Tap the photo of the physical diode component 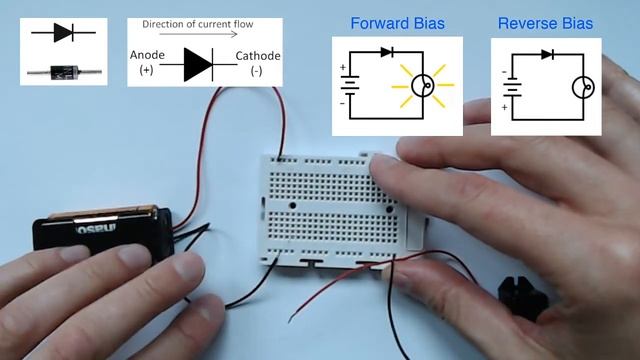click(63, 69)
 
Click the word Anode click(149, 56)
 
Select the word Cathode click(258, 56)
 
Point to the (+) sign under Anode click(149, 73)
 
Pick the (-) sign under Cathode click(257, 73)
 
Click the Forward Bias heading click(397, 23)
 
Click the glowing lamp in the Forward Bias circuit click(427, 87)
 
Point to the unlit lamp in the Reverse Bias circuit click(584, 87)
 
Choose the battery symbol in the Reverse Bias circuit click(511, 87)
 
